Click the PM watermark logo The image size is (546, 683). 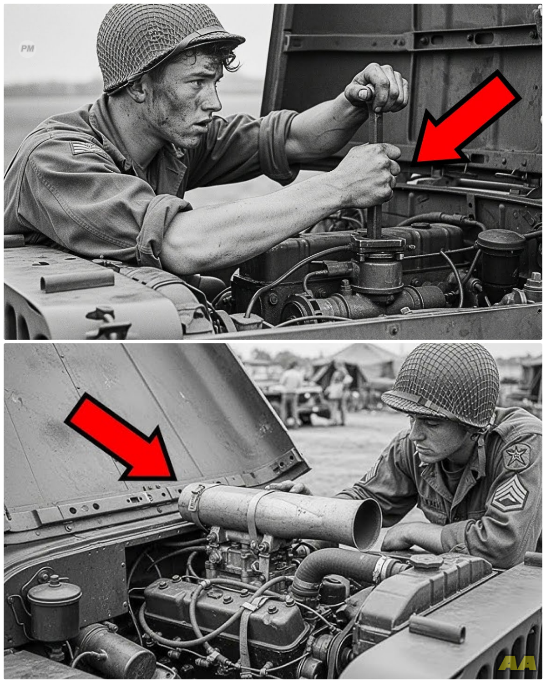pos(27,48)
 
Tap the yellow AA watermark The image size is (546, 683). pos(517,663)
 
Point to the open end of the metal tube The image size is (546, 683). pos(367,524)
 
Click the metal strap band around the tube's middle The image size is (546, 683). pos(253,515)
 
